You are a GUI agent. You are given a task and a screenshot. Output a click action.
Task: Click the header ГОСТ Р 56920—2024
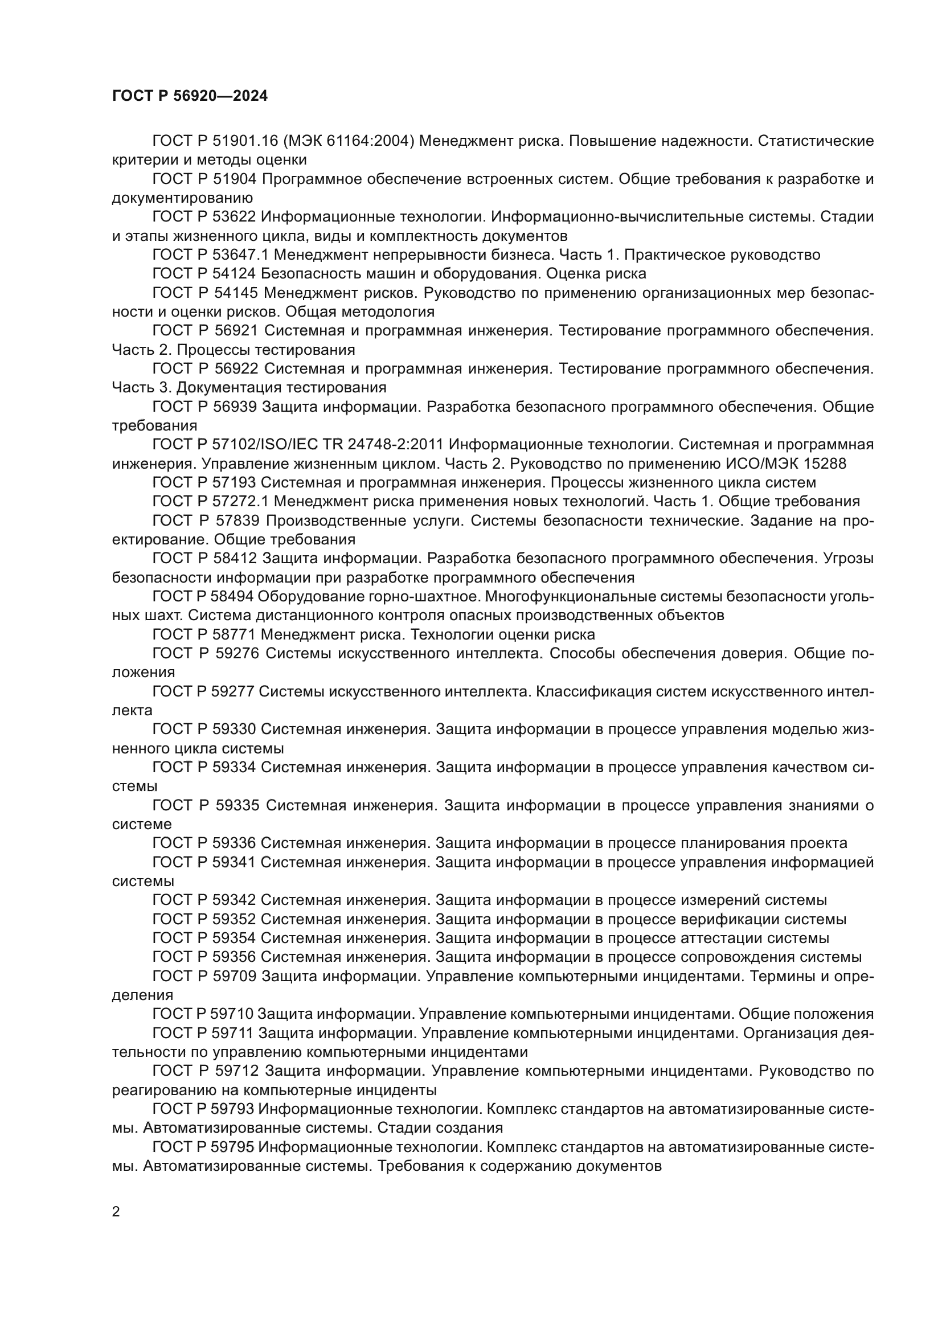pos(190,96)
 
